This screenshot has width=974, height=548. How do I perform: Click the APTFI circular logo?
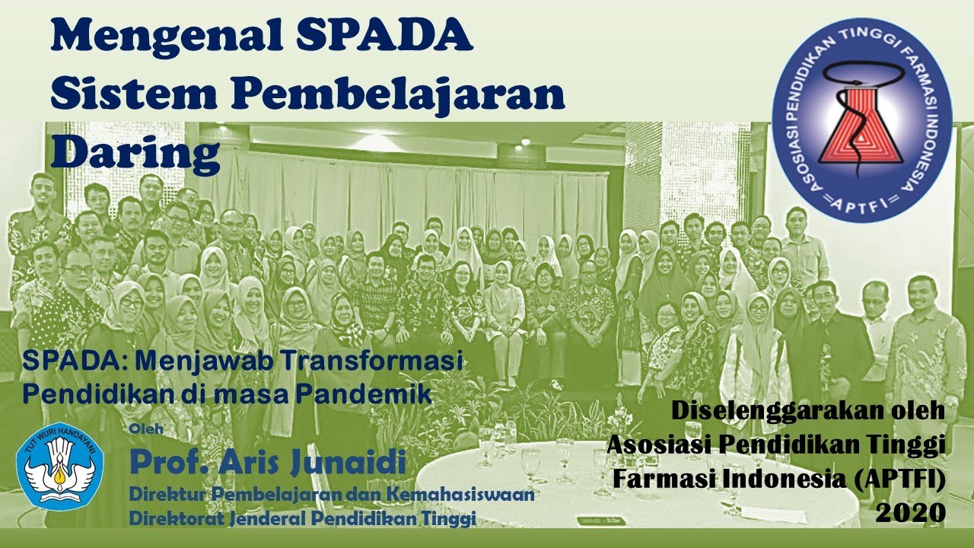point(861,119)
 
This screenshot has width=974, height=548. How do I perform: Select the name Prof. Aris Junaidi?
point(267,460)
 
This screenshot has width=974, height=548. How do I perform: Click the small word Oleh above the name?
point(146,429)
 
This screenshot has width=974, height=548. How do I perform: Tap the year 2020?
point(911,512)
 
